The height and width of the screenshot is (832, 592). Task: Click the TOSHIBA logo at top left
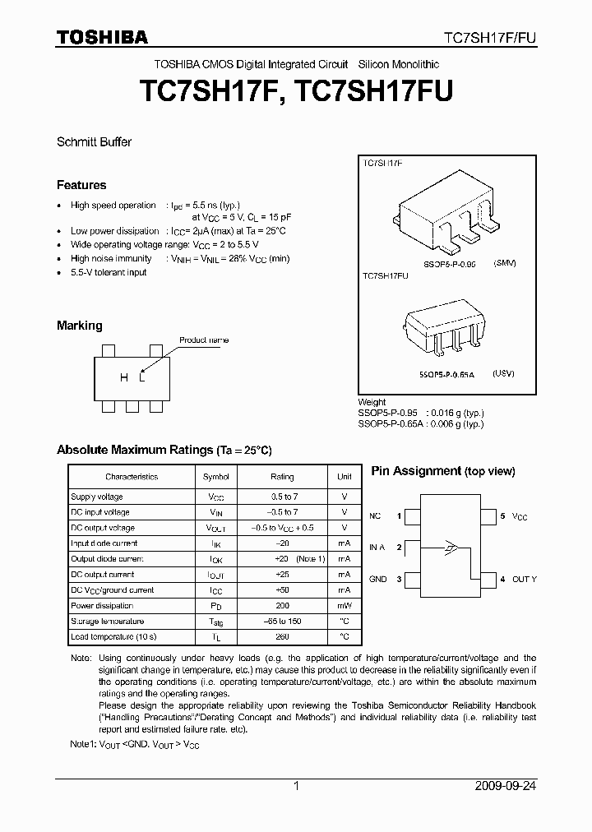pos(102,37)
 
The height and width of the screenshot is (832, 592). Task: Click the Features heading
pos(81,185)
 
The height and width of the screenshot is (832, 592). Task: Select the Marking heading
pos(80,326)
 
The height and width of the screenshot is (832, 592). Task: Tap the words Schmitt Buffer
pos(94,141)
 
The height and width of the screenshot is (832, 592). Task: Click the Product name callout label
pos(204,340)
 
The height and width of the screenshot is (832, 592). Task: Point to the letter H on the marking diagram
pos(124,377)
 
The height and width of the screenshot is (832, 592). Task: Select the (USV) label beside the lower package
pos(503,373)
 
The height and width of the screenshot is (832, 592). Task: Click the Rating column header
pos(282,477)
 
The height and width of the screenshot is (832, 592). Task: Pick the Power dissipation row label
pos(103,606)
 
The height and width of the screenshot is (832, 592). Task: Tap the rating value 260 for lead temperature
pos(282,637)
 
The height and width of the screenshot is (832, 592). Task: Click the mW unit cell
pos(345,606)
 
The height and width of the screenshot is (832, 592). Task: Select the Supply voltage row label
pos(97,497)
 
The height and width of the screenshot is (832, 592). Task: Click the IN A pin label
pos(377,548)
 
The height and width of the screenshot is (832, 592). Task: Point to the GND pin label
pos(377,580)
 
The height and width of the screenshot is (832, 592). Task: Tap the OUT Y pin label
pos(524,580)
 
